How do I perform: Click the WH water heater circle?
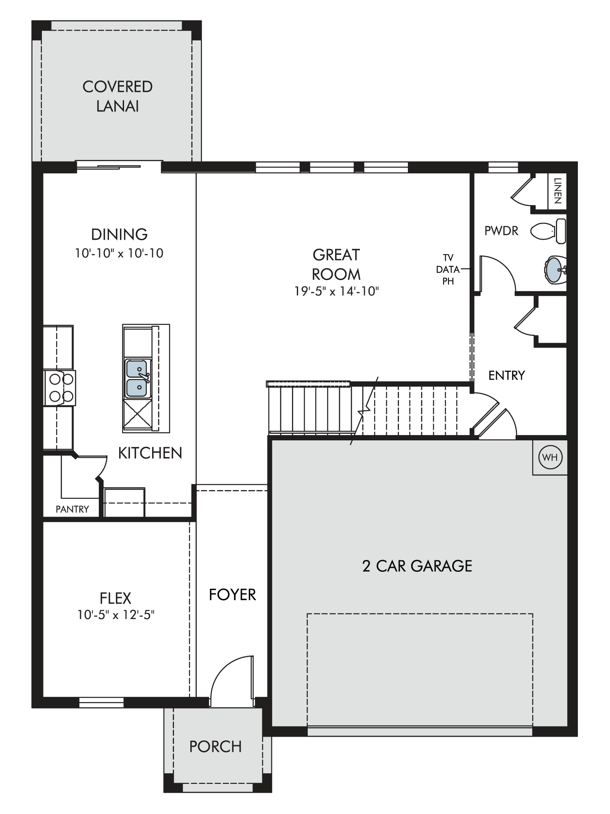point(550,457)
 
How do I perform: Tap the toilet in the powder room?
point(548,231)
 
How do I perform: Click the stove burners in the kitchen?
point(60,388)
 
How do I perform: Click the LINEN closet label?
point(558,190)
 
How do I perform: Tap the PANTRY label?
point(72,509)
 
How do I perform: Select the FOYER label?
point(232,595)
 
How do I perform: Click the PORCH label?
point(216,746)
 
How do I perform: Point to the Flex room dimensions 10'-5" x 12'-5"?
point(116,615)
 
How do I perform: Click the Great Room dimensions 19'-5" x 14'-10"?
point(337,291)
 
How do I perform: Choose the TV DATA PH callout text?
point(448,269)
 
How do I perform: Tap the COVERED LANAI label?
point(118,96)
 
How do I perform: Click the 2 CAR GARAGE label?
point(417,566)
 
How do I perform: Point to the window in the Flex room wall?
point(101,702)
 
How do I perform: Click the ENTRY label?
point(506,375)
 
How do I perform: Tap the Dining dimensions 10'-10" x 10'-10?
point(119,253)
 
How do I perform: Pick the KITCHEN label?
point(150,453)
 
